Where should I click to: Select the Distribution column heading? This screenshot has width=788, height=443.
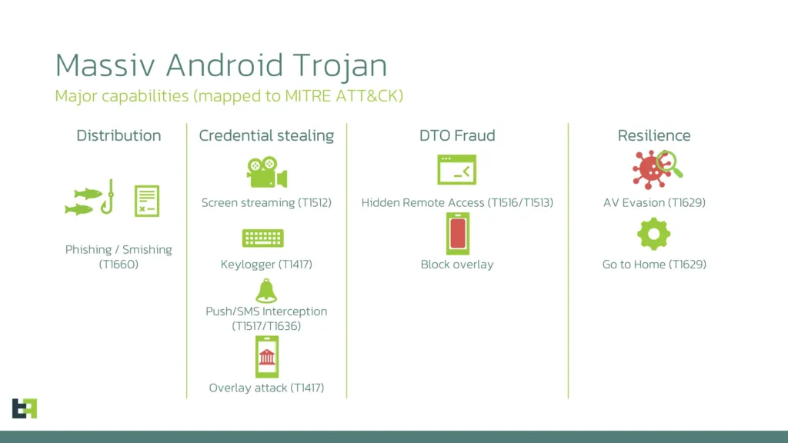pos(119,135)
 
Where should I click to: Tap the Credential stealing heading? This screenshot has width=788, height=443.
pos(266,135)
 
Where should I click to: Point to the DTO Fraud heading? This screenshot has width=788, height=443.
pos(457,135)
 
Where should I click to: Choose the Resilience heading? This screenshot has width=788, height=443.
pos(654,135)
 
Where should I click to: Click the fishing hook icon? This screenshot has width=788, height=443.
pos(109,198)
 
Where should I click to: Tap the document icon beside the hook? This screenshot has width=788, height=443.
pos(146,201)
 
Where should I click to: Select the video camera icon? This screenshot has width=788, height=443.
pos(266,172)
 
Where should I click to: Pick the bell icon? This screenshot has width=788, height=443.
pos(266,291)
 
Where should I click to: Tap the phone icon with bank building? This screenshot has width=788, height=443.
pos(266,356)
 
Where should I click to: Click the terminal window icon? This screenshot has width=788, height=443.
pos(456,170)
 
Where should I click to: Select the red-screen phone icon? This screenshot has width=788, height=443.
pos(457,233)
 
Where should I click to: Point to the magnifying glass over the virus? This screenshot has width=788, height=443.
pos(669,162)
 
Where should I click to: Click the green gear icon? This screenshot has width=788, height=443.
pos(653,234)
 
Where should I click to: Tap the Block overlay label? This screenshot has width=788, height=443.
pos(457,265)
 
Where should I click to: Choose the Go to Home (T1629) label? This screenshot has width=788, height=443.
pos(654,265)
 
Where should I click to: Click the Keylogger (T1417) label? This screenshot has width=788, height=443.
pos(266,265)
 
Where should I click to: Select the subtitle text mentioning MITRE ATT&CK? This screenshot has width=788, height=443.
pos(229,96)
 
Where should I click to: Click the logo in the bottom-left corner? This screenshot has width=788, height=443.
pos(25,408)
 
